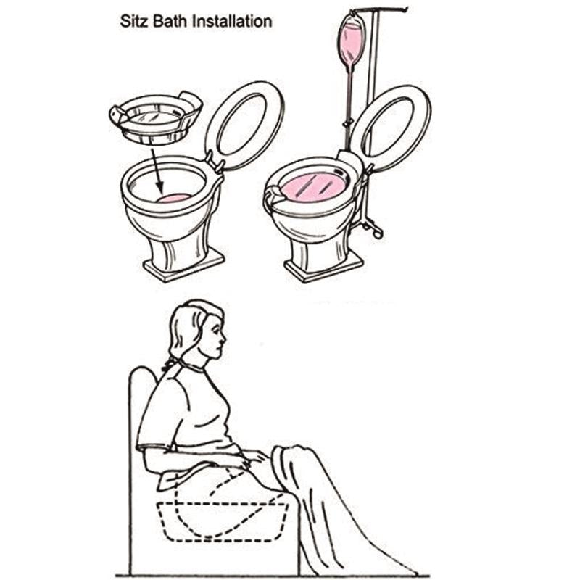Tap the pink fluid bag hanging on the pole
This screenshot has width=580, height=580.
coord(351,41)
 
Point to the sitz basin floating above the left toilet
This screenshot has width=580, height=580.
coord(156,118)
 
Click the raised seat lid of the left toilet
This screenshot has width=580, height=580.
coord(244,126)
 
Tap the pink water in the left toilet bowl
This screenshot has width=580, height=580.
coord(174,198)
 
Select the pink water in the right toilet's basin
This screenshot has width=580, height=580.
coord(315,186)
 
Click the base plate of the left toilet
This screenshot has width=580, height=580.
coord(184,265)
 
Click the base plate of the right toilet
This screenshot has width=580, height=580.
coord(323,267)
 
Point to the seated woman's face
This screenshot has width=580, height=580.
coord(215,339)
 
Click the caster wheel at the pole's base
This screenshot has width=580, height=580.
coord(378,233)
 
